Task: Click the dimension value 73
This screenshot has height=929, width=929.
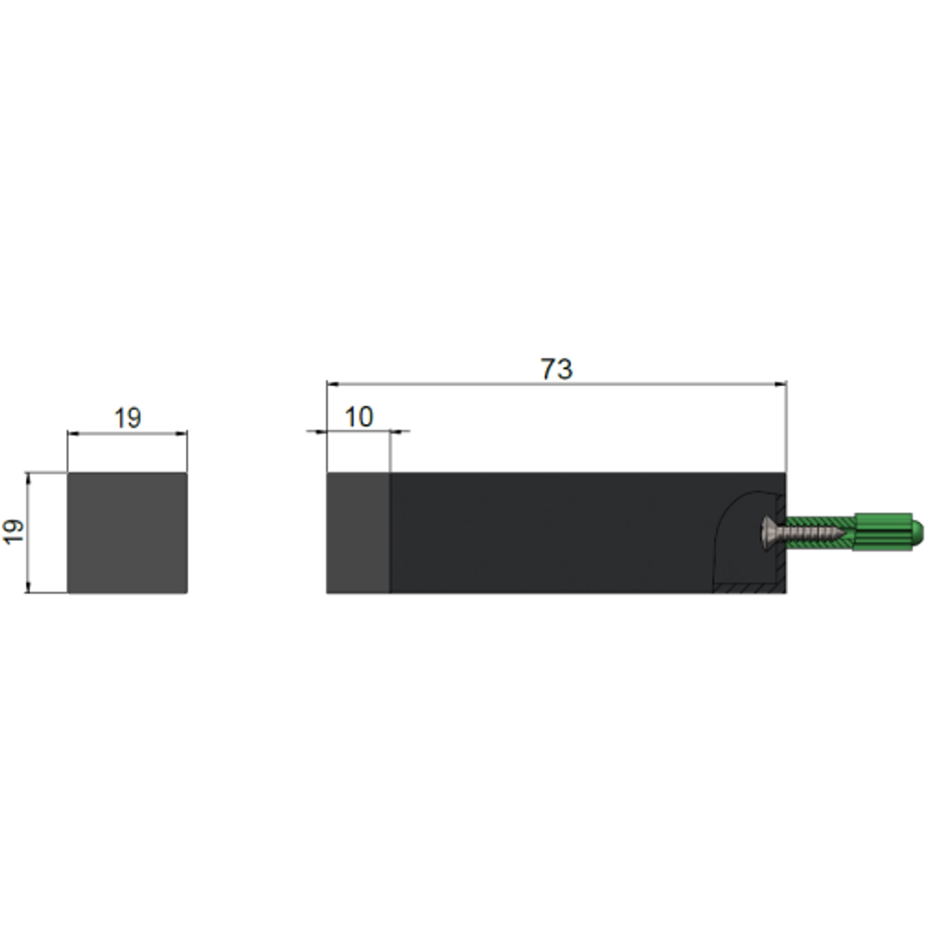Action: (557, 369)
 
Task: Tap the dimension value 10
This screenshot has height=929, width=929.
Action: (359, 417)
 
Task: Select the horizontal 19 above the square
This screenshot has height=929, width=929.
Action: (127, 419)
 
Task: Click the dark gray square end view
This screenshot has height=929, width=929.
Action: (127, 532)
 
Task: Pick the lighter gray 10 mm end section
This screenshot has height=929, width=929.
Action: (358, 532)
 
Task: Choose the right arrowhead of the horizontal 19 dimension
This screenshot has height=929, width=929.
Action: (182, 434)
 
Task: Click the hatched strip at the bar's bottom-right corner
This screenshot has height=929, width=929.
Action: (748, 588)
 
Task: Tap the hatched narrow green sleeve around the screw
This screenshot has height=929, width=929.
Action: (817, 522)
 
